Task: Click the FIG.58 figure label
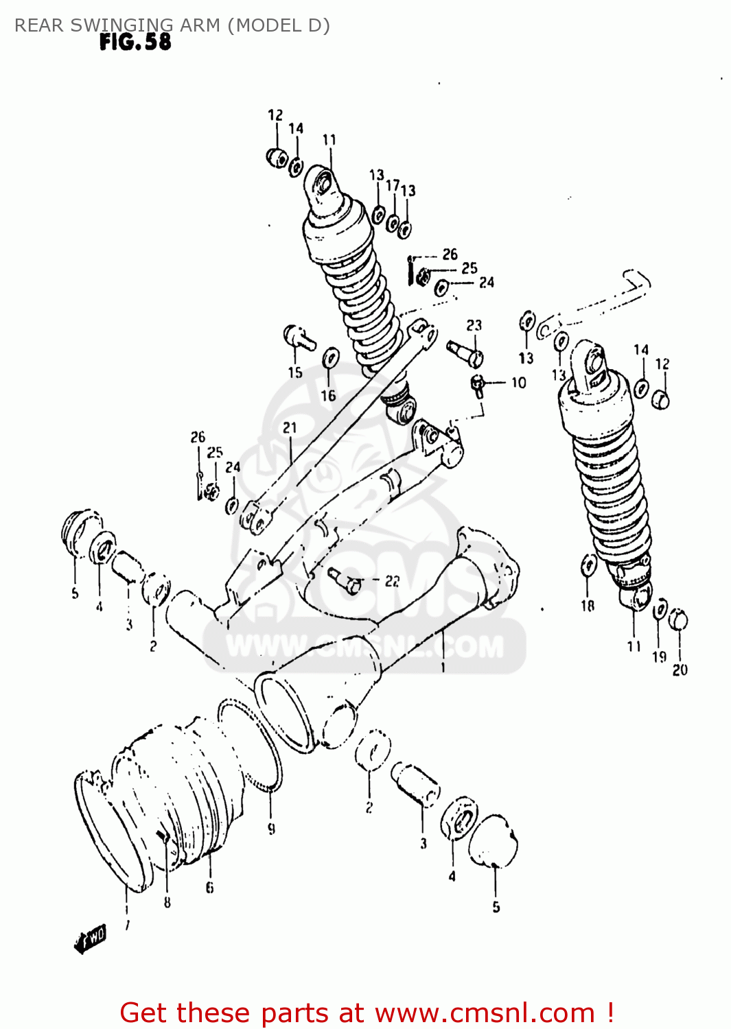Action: click(x=135, y=42)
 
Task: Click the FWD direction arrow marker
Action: click(x=90, y=938)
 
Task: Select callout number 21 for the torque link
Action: click(x=290, y=428)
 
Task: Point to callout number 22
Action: click(x=392, y=581)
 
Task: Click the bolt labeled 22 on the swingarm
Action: click(x=345, y=580)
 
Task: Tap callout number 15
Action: click(x=295, y=372)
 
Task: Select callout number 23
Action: click(x=474, y=325)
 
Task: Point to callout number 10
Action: click(x=519, y=383)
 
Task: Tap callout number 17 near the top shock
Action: click(x=393, y=186)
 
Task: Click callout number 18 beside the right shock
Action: click(x=588, y=606)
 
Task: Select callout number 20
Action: click(x=680, y=670)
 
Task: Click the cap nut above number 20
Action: click(x=678, y=619)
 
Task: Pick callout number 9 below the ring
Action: click(x=272, y=829)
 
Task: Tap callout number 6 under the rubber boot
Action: click(x=209, y=888)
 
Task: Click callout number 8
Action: click(x=167, y=903)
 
